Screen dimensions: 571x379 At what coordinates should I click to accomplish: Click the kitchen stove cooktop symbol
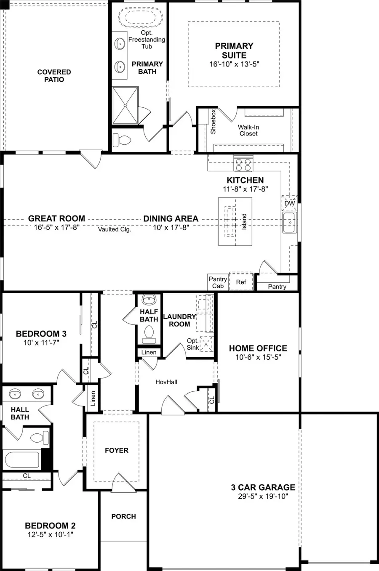click(x=243, y=164)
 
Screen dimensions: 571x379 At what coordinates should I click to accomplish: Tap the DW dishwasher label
click(x=290, y=203)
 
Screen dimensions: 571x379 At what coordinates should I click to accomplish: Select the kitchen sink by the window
click(x=290, y=223)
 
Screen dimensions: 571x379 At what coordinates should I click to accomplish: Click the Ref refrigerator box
click(x=241, y=282)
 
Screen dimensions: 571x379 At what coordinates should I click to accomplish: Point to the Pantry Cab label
click(x=218, y=282)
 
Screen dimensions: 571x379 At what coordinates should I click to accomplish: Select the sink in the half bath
click(x=149, y=300)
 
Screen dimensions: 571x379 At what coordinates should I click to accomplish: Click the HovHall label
click(x=166, y=382)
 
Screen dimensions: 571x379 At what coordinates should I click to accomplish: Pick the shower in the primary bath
click(x=125, y=106)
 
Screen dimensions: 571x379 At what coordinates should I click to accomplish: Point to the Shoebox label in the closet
click(x=213, y=122)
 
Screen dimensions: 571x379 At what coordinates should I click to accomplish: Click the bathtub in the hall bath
click(x=22, y=460)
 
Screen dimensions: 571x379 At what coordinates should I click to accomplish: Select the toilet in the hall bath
click(x=40, y=438)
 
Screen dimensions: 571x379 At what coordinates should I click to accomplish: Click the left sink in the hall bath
click(x=15, y=394)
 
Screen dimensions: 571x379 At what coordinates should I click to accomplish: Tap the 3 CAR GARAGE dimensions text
click(x=263, y=497)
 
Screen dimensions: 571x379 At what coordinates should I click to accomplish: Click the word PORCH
click(x=123, y=516)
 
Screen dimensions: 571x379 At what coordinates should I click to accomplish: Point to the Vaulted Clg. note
click(x=115, y=229)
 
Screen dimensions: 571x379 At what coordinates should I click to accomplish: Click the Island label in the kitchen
click(x=244, y=222)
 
